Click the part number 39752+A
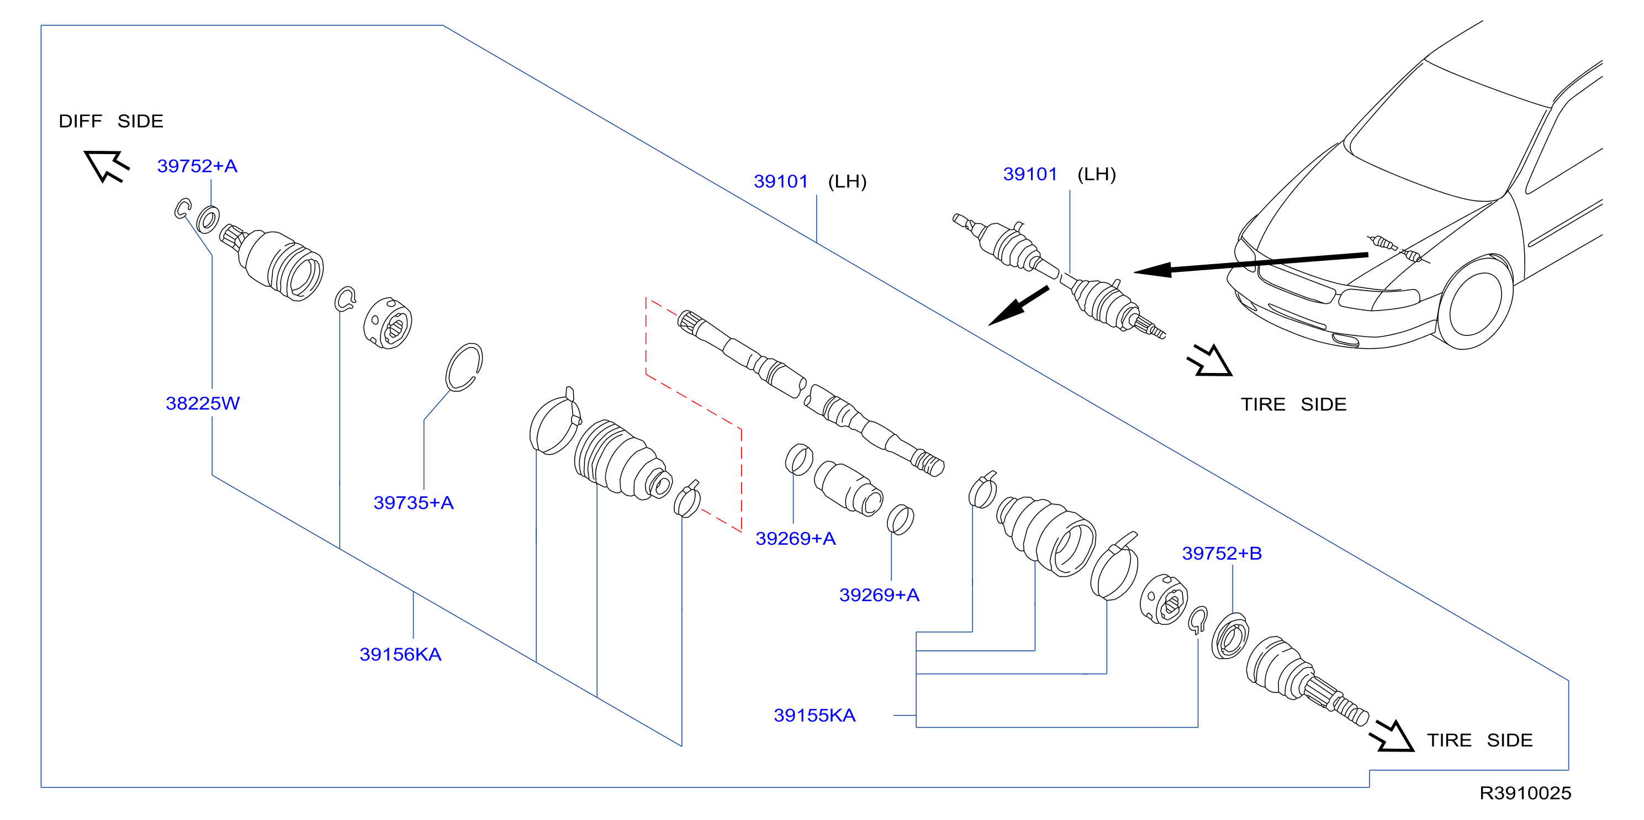pos(197,166)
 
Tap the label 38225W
pos(202,403)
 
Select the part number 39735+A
pos(414,503)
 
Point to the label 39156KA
pos(400,655)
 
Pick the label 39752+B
pos(1222,554)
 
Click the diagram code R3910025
pos(1525,793)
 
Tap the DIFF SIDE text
pos(111,122)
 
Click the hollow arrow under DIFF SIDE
pos(106,165)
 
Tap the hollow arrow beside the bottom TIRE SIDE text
pos(1393,737)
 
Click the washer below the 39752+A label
pos(208,220)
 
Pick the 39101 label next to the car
pos(1030,175)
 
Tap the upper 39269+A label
pos(795,539)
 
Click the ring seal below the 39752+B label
pos(1230,636)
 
